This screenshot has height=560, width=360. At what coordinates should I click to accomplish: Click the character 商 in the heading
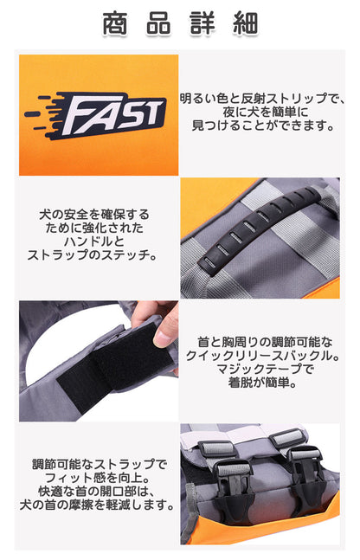click(114, 23)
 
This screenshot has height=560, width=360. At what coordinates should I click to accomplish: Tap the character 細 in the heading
click(246, 23)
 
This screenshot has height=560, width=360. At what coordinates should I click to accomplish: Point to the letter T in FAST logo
click(153, 112)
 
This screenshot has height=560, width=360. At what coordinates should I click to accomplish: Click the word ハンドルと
click(94, 241)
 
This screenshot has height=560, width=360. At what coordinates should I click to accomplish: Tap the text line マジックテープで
click(265, 370)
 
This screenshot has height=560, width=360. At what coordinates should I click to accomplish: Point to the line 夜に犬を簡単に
click(265, 112)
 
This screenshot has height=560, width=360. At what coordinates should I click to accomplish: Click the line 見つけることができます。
click(262, 126)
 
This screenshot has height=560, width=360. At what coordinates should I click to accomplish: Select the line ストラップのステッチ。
click(92, 255)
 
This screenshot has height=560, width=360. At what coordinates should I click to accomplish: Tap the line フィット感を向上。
click(97, 478)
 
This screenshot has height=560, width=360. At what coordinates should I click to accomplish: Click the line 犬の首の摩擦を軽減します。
click(97, 505)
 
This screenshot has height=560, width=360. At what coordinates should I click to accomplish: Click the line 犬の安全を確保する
click(94, 215)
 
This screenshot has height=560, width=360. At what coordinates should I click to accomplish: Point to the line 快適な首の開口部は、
click(97, 491)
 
